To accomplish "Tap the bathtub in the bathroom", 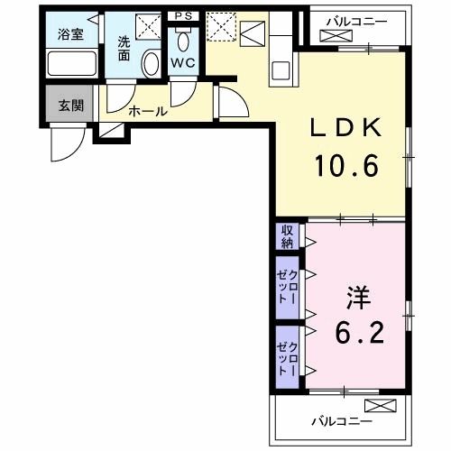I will coord(71,65).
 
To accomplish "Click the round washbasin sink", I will coord(151,63).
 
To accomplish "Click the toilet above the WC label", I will coord(183,41).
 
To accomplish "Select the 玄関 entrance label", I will coord(70,104).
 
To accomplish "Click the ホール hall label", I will coord(147,112).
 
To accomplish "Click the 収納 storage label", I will coord(287,236).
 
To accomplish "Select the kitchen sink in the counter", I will coord(281,69).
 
